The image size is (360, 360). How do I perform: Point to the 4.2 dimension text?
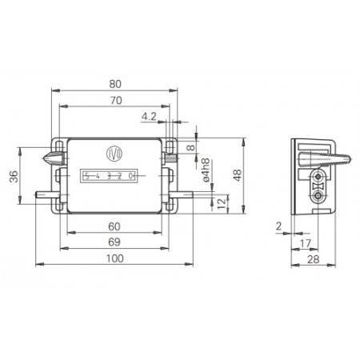[149, 117]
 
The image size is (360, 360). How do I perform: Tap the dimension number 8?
[190, 147]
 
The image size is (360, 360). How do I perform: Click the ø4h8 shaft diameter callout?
[206, 173]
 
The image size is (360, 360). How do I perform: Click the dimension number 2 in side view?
[278, 227]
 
